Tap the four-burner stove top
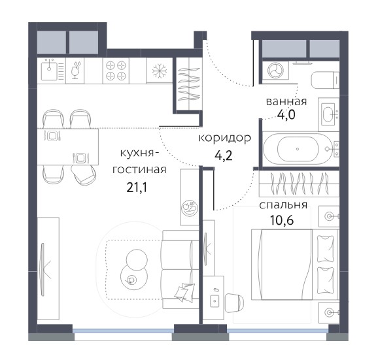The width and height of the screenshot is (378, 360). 116,71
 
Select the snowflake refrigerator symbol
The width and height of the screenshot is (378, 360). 160,71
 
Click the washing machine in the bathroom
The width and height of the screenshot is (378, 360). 275,71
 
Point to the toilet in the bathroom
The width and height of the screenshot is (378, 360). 325,80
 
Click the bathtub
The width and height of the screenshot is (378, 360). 298,149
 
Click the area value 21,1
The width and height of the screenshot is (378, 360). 137,188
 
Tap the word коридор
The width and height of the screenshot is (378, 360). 225,139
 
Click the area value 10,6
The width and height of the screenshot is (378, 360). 282,220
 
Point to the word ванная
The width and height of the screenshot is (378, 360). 286,101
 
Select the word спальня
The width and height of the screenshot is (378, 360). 283,205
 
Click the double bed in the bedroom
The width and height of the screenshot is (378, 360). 294,265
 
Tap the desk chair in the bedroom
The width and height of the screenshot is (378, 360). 234,303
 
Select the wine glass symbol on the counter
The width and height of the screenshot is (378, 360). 76,71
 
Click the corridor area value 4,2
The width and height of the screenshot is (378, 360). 223,155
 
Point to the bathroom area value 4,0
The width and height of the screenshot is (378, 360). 286,115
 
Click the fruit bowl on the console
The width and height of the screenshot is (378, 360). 190,208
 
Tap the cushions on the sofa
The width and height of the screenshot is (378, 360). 184,292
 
